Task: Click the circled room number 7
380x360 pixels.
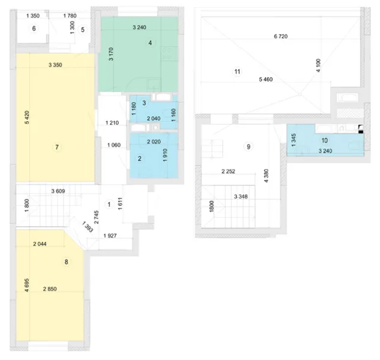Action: [x=57, y=147]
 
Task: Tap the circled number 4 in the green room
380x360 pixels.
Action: [x=150, y=43]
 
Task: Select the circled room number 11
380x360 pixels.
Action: [x=237, y=72]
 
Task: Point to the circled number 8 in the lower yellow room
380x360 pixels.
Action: [x=66, y=262]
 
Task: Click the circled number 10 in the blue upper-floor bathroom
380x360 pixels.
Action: [x=325, y=140]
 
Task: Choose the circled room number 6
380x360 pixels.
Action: [x=34, y=29]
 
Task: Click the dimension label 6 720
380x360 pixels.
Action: [x=281, y=36]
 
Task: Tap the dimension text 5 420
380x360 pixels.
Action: [x=27, y=118]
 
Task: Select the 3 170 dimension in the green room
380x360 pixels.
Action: [x=111, y=54]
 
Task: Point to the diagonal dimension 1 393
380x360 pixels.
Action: [x=87, y=227]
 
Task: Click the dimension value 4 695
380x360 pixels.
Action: [x=27, y=285]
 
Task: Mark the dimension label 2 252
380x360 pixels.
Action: [x=228, y=172]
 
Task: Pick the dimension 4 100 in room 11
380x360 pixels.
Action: [x=318, y=65]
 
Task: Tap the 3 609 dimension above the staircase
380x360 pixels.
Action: [x=58, y=191]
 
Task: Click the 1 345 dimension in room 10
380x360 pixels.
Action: [x=293, y=140]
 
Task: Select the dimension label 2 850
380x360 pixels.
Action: [x=50, y=289]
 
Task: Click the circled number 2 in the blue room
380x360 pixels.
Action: [x=140, y=159]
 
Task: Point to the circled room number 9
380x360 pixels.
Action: [x=248, y=147]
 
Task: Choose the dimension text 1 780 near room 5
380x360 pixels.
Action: [x=70, y=16]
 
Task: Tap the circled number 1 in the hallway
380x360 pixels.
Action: [x=109, y=204]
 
